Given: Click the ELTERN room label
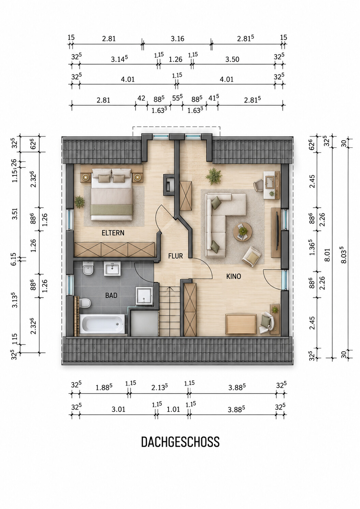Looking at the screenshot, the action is point(113,233).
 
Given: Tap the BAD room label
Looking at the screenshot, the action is point(111,295).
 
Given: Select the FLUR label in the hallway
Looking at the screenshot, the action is point(175,256).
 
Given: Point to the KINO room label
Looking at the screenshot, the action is point(233,276).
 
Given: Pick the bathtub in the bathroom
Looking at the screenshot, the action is point(102,324).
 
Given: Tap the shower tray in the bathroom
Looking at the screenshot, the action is point(144,295).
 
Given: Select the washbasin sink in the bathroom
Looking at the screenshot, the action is point(112,269).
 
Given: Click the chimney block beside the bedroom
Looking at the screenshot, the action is point(169,185).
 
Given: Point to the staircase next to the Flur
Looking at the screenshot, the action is point(170,311).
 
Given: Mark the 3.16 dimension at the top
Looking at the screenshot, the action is point(177,39).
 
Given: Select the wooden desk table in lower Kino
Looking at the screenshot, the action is point(241,324).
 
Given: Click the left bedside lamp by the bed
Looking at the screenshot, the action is point(86,177).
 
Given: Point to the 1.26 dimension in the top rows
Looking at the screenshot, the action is point(176,59).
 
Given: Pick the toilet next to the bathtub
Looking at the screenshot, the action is point(85,303).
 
